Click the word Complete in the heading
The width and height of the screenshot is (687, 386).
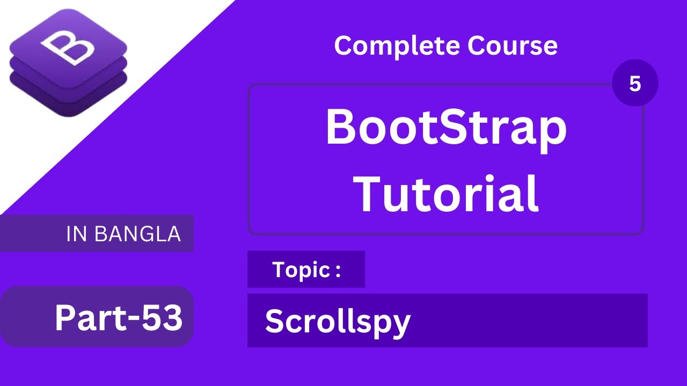pos(397,46)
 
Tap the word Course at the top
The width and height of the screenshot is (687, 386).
pos(512,46)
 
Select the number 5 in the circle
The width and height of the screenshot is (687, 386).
pos(635,83)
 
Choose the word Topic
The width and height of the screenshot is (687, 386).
pos(301,270)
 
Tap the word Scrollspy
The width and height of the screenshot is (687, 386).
pos(337,322)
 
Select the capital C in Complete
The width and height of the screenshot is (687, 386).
pos(343,46)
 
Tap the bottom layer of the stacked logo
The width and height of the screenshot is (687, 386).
pos(68,102)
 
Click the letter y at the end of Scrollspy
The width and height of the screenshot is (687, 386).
pos(401,325)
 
